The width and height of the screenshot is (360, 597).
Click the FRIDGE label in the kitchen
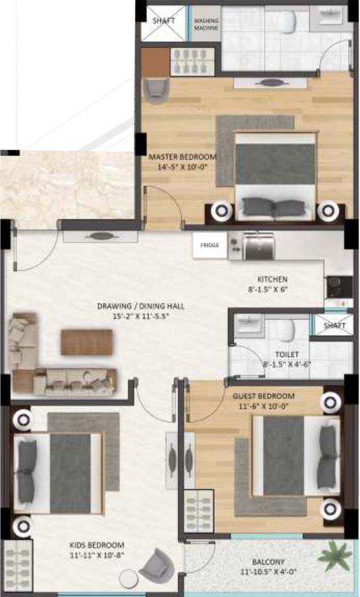tap(209, 245)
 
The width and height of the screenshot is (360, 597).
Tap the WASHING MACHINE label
tap(206, 25)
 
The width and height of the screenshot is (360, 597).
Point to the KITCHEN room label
tap(271, 280)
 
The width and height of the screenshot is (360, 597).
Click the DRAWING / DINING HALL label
tap(140, 306)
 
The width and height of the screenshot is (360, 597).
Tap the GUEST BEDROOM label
tap(263, 396)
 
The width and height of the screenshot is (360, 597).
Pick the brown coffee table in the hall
tap(87, 342)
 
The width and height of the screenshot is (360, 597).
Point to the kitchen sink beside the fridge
tap(254, 243)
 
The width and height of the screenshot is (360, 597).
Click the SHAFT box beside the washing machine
tap(163, 22)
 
